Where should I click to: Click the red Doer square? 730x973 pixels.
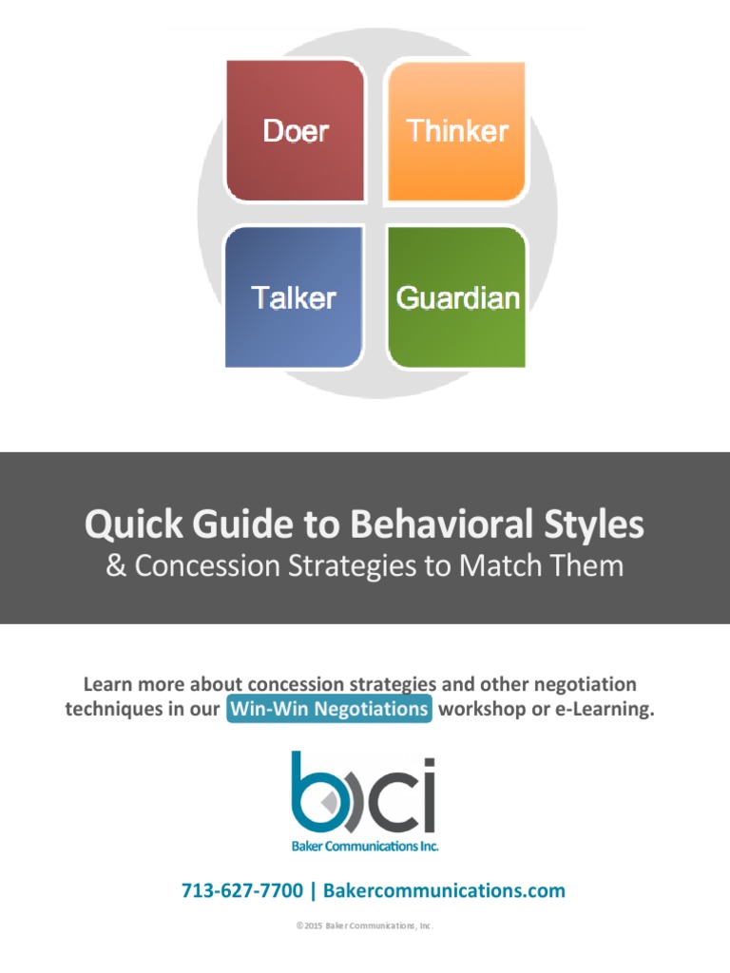(296, 130)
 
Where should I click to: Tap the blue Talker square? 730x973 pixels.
(294, 297)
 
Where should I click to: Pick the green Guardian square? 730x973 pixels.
(457, 297)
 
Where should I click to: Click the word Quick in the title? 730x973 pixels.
(125, 524)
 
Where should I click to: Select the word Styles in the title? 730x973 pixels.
(590, 524)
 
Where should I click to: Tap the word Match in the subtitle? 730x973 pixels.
(505, 566)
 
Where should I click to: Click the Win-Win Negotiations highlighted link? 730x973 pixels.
(329, 709)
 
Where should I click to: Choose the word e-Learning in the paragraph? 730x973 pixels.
(605, 709)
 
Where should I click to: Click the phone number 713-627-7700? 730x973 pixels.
(242, 890)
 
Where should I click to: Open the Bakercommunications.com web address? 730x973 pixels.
(444, 890)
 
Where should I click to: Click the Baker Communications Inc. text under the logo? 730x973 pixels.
(365, 845)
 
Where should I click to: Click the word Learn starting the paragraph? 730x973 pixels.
(106, 684)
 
